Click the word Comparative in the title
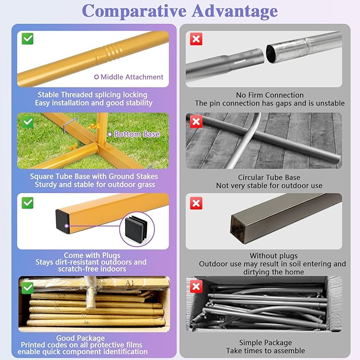(x=134, y=11)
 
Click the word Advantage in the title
(x=235, y=11)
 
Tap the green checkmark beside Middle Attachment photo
(x=28, y=39)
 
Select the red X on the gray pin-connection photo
(x=196, y=39)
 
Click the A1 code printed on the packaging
(x=130, y=283)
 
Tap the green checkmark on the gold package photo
(x=28, y=288)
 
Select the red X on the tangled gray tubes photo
(x=196, y=286)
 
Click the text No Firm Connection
(x=270, y=95)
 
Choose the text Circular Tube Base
(x=269, y=178)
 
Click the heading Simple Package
(x=266, y=343)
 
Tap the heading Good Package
(x=81, y=338)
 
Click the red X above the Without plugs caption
(x=196, y=203)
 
